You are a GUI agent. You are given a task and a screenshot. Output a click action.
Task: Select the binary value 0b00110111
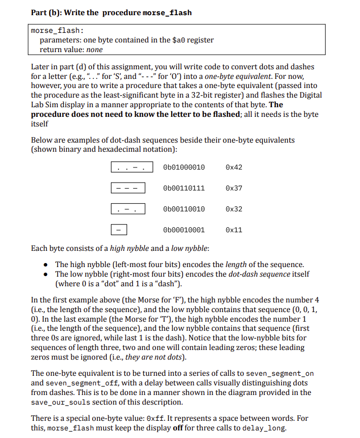[x=184, y=188]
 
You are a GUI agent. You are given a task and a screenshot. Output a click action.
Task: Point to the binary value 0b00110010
[x=184, y=209]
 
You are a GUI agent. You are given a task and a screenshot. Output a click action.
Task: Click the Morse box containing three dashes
[x=129, y=188]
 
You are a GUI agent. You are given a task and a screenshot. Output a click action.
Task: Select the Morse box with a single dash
[x=119, y=230]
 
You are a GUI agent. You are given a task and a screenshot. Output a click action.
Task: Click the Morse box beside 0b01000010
[x=131, y=167]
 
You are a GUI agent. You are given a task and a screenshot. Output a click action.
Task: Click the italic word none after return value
[x=95, y=50]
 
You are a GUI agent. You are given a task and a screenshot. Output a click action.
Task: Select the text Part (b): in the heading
[x=48, y=12]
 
